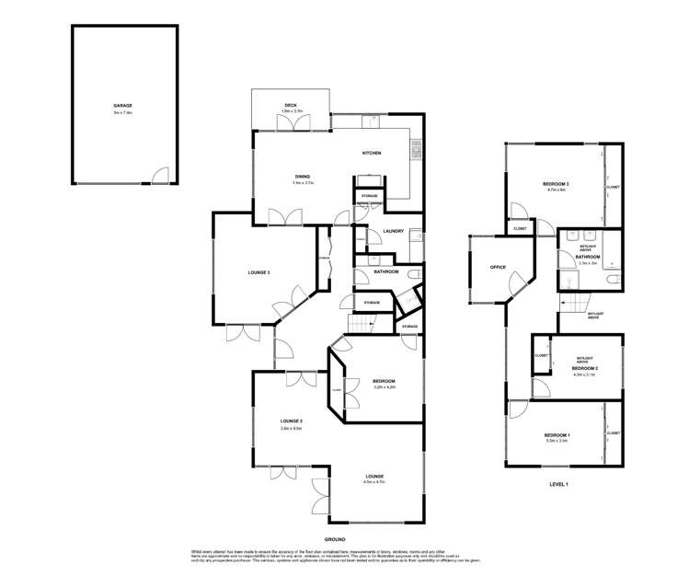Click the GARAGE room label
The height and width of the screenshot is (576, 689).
[x=122, y=106]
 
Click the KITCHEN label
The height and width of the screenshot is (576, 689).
[x=371, y=153]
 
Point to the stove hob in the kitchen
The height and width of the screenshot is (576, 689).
[x=416, y=147]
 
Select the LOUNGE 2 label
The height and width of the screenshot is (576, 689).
[x=292, y=421]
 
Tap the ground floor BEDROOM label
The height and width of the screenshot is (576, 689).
[x=384, y=381]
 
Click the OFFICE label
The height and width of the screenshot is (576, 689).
[x=498, y=267]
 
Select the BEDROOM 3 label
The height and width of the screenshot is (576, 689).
[x=557, y=185]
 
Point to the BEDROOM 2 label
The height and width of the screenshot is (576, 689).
[x=584, y=368]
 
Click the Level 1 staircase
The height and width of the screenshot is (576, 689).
[x=575, y=305]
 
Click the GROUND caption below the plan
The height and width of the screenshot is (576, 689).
[x=334, y=538]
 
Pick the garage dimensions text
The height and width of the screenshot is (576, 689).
[x=122, y=113]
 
